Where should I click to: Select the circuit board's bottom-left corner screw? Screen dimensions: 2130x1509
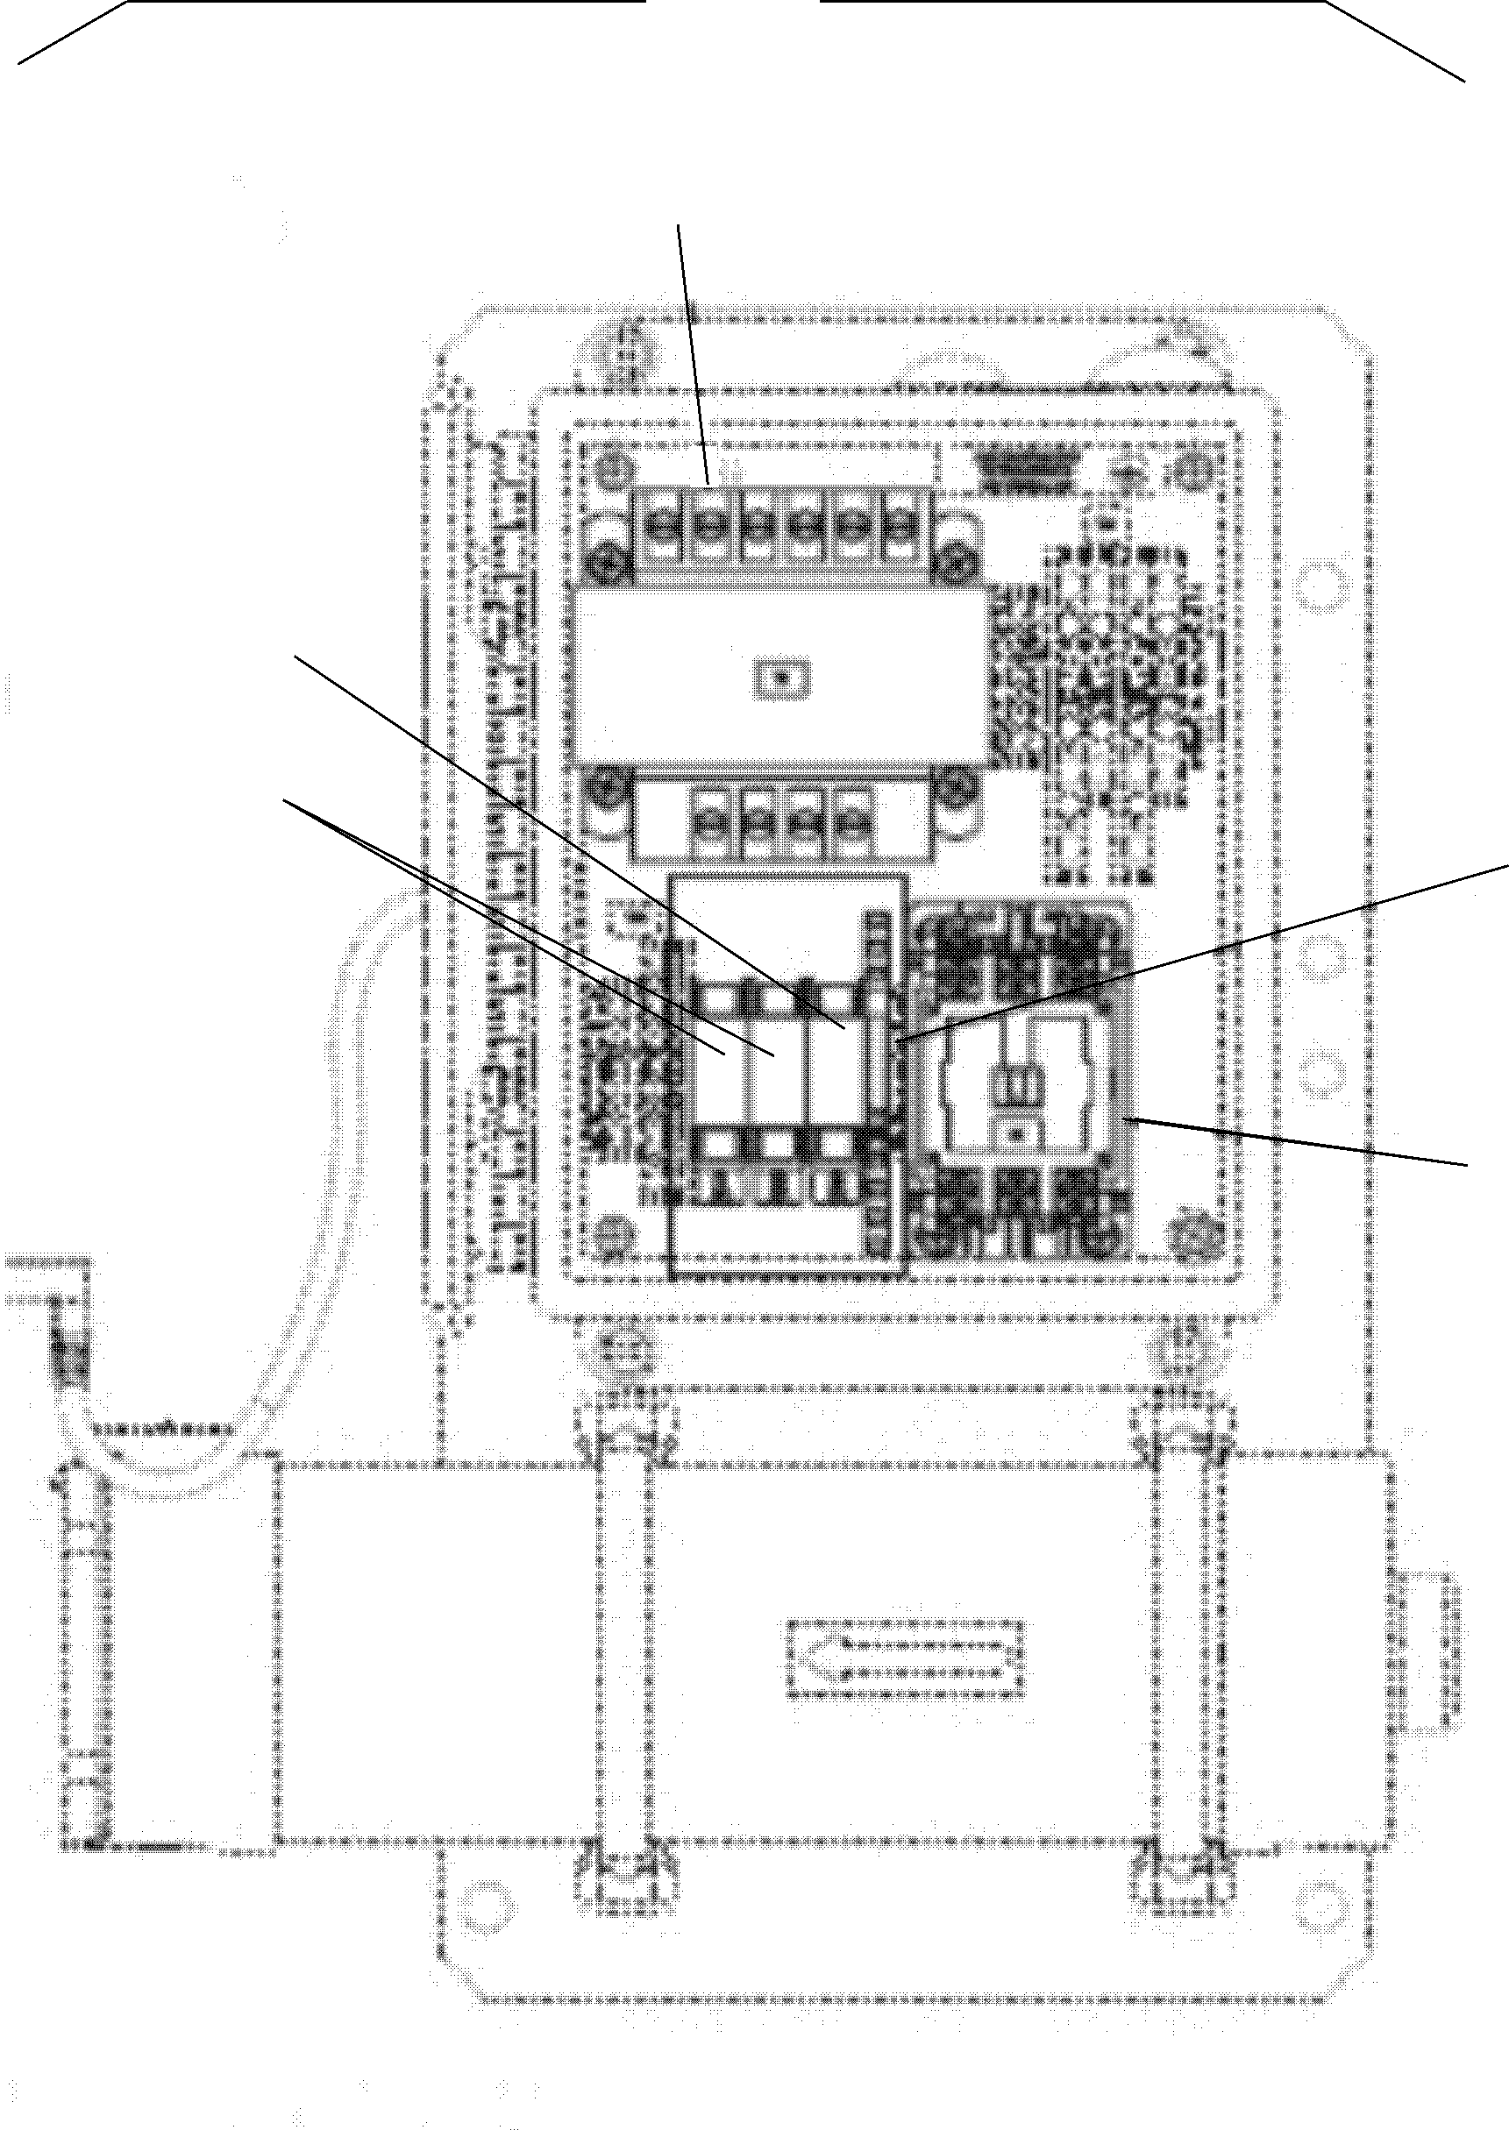coord(610,1233)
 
